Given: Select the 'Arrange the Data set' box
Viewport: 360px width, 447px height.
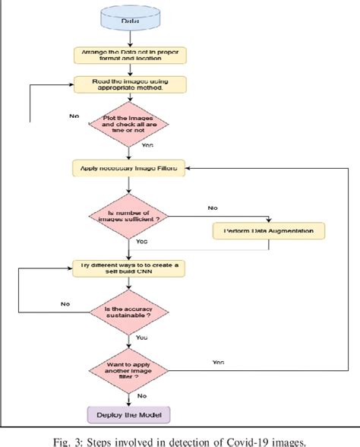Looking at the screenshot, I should (x=129, y=55).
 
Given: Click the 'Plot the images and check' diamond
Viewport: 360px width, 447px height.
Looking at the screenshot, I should (x=130, y=125).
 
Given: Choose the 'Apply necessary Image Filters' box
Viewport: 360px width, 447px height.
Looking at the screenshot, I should (x=129, y=168).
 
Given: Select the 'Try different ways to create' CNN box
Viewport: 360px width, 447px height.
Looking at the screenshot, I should (x=129, y=268).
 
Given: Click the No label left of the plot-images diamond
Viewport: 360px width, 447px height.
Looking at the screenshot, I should (x=74, y=117).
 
